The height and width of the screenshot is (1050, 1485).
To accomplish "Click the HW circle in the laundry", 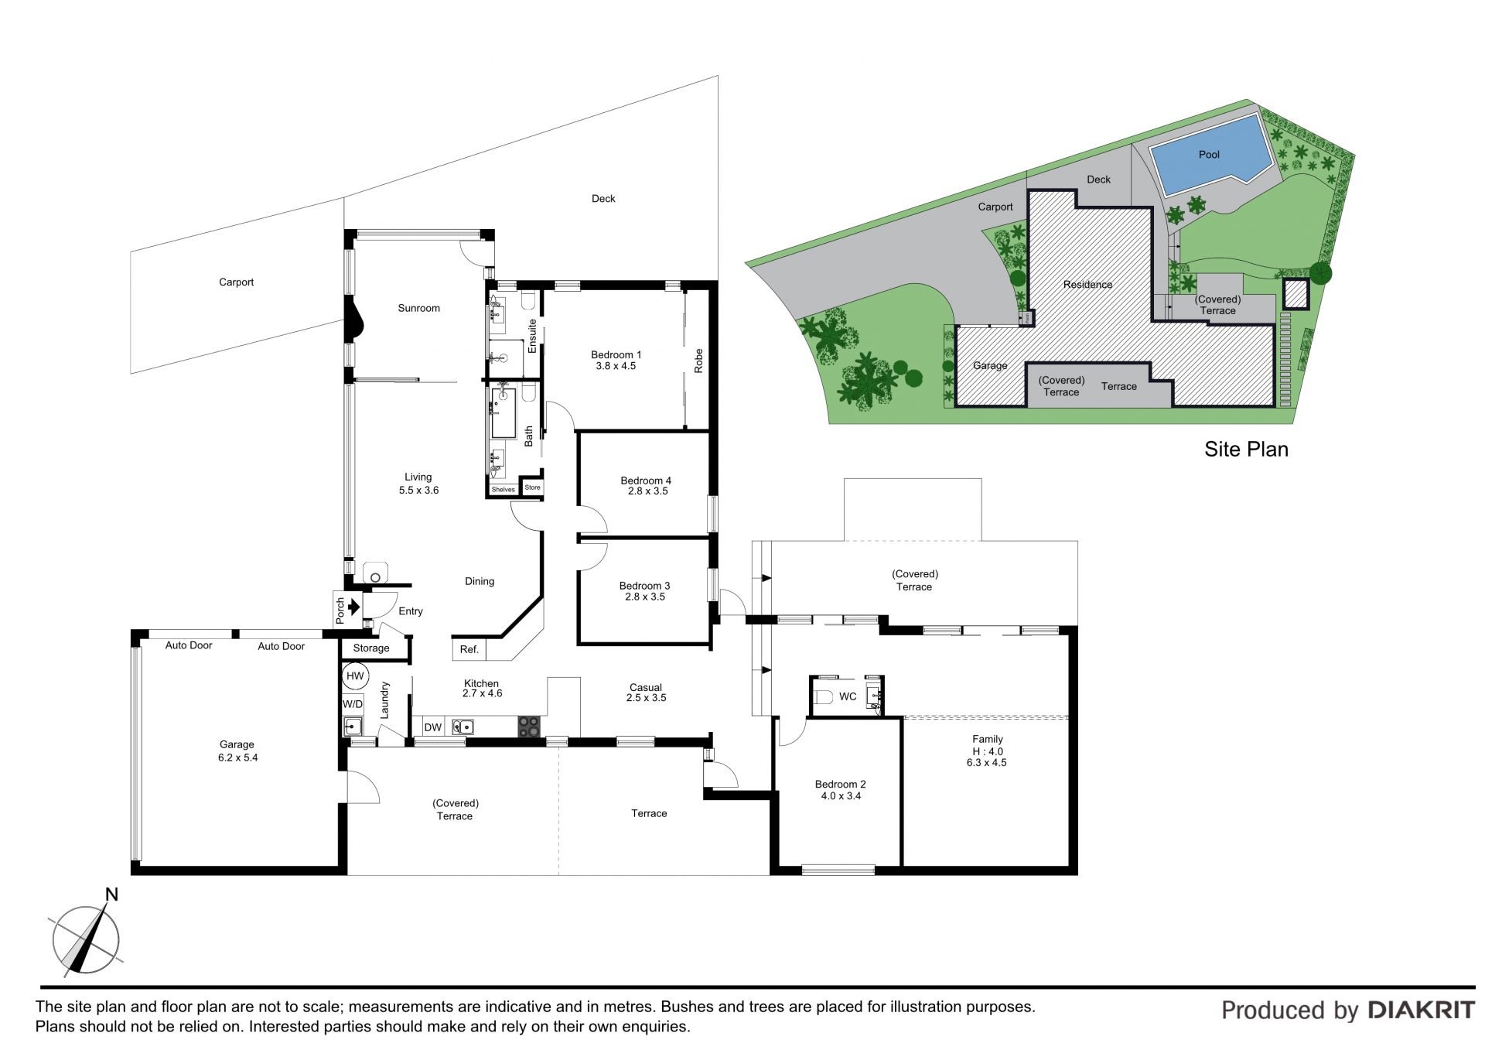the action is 355,676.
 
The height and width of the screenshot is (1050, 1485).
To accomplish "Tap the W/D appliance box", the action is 353,704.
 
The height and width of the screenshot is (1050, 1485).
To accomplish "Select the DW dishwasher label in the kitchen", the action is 433,727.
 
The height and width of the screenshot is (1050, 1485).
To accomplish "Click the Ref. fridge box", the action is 470,649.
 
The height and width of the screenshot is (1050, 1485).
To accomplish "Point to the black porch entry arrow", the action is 354,607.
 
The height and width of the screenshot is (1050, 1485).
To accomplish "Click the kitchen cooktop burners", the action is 529,727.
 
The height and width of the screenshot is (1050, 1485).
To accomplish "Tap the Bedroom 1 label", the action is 616,355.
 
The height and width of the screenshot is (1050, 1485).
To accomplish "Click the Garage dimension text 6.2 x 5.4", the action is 237,758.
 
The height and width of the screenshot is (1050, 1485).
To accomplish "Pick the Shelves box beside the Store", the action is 504,489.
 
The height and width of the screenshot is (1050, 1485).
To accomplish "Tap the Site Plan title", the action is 1246,450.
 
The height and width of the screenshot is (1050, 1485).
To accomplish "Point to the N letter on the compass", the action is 111,895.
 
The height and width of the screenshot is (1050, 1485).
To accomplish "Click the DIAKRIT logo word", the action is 1421,1010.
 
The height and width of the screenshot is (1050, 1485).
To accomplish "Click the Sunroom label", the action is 419,308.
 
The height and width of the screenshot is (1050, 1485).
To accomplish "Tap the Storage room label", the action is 371,648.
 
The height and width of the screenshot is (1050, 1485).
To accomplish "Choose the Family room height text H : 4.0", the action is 988,751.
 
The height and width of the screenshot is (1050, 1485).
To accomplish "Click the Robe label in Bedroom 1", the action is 699,361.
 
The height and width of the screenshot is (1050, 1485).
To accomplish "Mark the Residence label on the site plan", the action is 1087,285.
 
